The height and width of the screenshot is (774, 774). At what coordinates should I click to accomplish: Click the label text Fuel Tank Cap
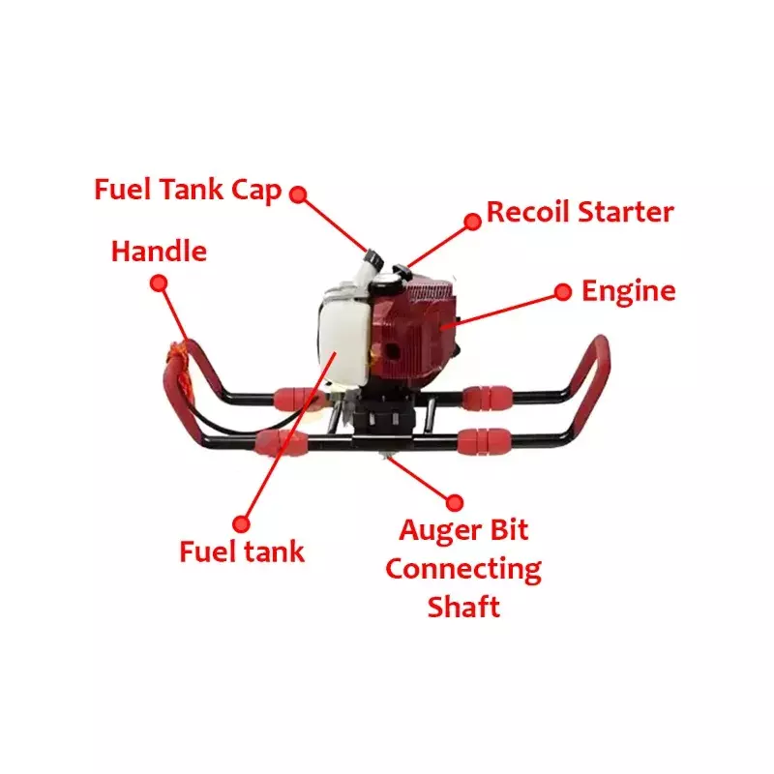[x=188, y=189]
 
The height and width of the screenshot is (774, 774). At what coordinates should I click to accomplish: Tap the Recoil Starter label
[x=580, y=212]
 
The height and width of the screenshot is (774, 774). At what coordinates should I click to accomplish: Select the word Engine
[x=628, y=290]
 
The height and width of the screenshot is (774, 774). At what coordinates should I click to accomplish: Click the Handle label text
[x=160, y=252]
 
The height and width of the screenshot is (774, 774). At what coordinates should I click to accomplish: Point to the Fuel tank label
[x=242, y=551]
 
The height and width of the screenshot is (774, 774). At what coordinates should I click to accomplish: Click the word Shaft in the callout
[x=463, y=607]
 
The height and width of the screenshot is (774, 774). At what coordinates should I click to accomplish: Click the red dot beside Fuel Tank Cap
[x=298, y=193]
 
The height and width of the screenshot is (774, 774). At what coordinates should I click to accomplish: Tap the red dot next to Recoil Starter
[x=472, y=222]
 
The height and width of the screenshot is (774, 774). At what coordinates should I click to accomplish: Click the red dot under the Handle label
[x=159, y=283]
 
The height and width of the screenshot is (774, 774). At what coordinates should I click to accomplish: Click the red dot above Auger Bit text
[x=454, y=501]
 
